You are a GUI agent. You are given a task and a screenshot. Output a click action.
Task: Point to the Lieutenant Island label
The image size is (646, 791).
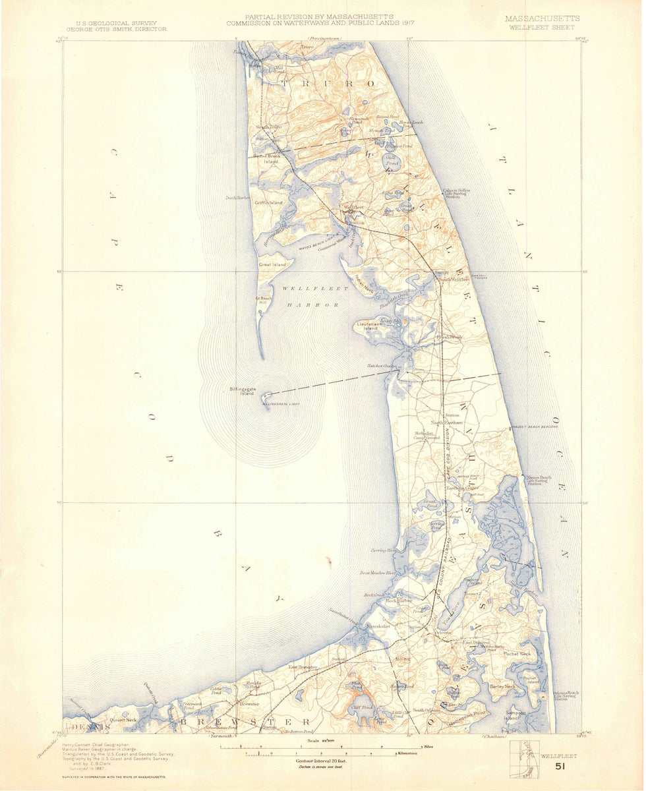(x=367, y=326)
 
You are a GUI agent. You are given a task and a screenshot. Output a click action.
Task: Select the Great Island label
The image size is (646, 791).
(x=272, y=264)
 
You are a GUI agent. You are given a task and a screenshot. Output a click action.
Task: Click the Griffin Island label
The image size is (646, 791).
(x=268, y=202)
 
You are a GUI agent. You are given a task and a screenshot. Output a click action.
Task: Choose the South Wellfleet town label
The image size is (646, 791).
(x=455, y=279)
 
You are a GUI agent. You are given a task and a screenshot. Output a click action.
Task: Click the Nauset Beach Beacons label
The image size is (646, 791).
(x=535, y=427)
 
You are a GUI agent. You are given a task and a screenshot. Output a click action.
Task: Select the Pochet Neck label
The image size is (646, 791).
(x=517, y=654)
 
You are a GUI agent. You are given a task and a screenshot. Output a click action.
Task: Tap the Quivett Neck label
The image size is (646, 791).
(x=123, y=720)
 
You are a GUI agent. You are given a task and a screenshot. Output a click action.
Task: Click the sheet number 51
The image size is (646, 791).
(x=560, y=767)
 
